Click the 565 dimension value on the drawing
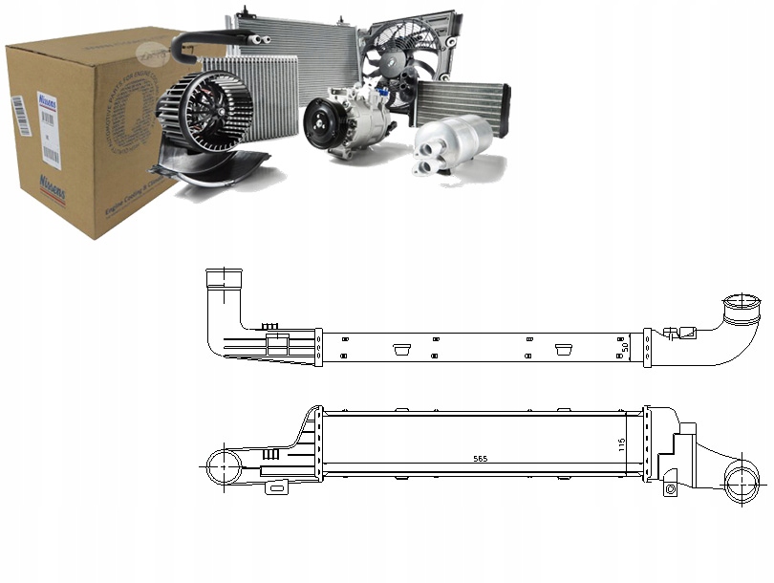click(480, 460)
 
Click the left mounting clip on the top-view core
click(399, 349)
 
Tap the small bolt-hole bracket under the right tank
click(669, 489)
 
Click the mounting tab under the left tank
click(278, 488)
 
